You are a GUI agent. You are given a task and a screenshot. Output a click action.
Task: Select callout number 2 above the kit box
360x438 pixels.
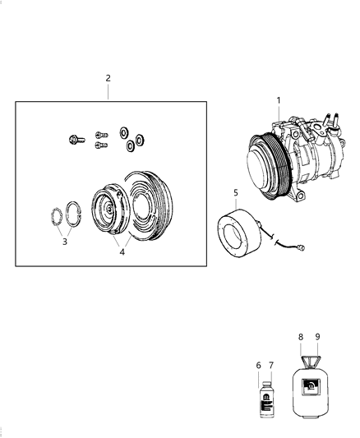click(x=108, y=78)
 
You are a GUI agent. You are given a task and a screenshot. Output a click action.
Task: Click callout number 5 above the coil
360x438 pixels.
click(x=235, y=193)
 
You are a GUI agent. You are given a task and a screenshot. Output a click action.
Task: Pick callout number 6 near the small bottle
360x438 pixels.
click(x=258, y=365)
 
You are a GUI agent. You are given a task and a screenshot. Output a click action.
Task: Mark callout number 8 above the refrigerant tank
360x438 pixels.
click(x=301, y=337)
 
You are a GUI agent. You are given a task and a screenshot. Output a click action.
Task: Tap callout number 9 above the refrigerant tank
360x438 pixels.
click(x=317, y=337)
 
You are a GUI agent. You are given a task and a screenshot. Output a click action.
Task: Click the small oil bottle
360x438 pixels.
click(x=265, y=403)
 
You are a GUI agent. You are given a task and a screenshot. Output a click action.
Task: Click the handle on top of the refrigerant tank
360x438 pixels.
click(x=310, y=362)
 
